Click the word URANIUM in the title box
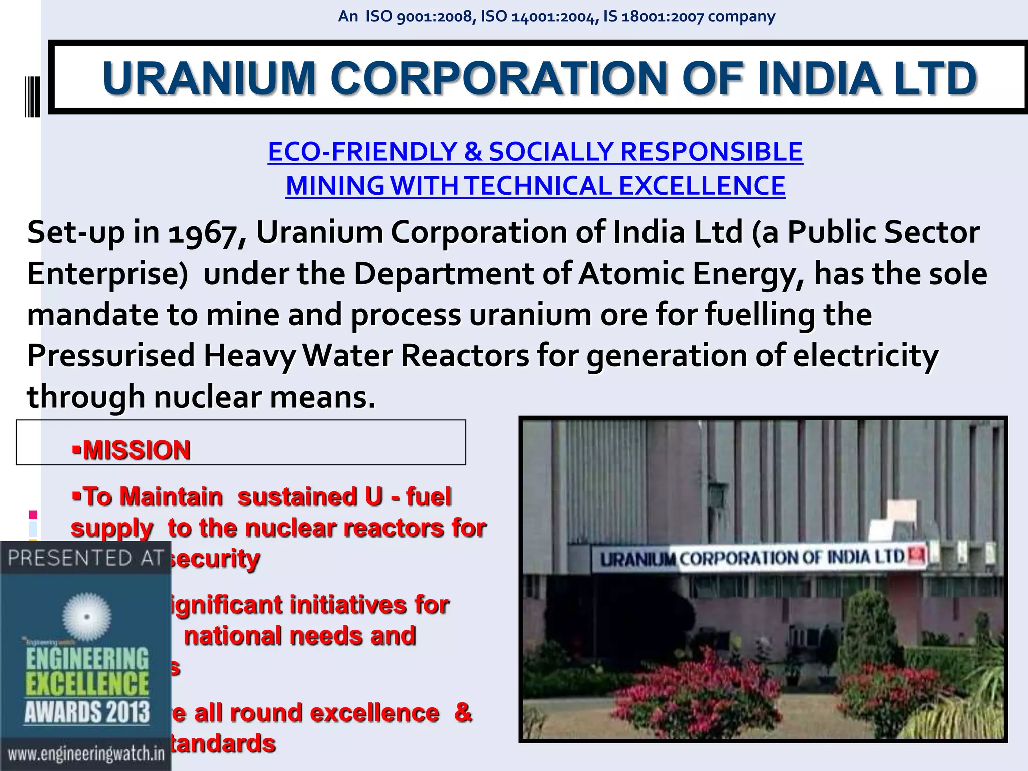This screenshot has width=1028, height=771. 209,78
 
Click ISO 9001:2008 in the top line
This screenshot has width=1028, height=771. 419,17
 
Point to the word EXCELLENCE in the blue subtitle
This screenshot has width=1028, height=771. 702,186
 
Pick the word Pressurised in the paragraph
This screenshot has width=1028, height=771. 111,356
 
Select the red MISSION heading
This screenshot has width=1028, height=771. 137,450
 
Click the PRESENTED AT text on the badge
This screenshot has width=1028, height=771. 85,558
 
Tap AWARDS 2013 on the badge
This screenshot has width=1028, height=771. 87,712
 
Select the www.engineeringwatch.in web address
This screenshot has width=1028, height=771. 86,754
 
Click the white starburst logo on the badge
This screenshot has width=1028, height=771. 87,617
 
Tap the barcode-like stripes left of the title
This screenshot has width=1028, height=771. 33,96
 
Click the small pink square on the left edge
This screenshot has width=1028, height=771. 33,515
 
